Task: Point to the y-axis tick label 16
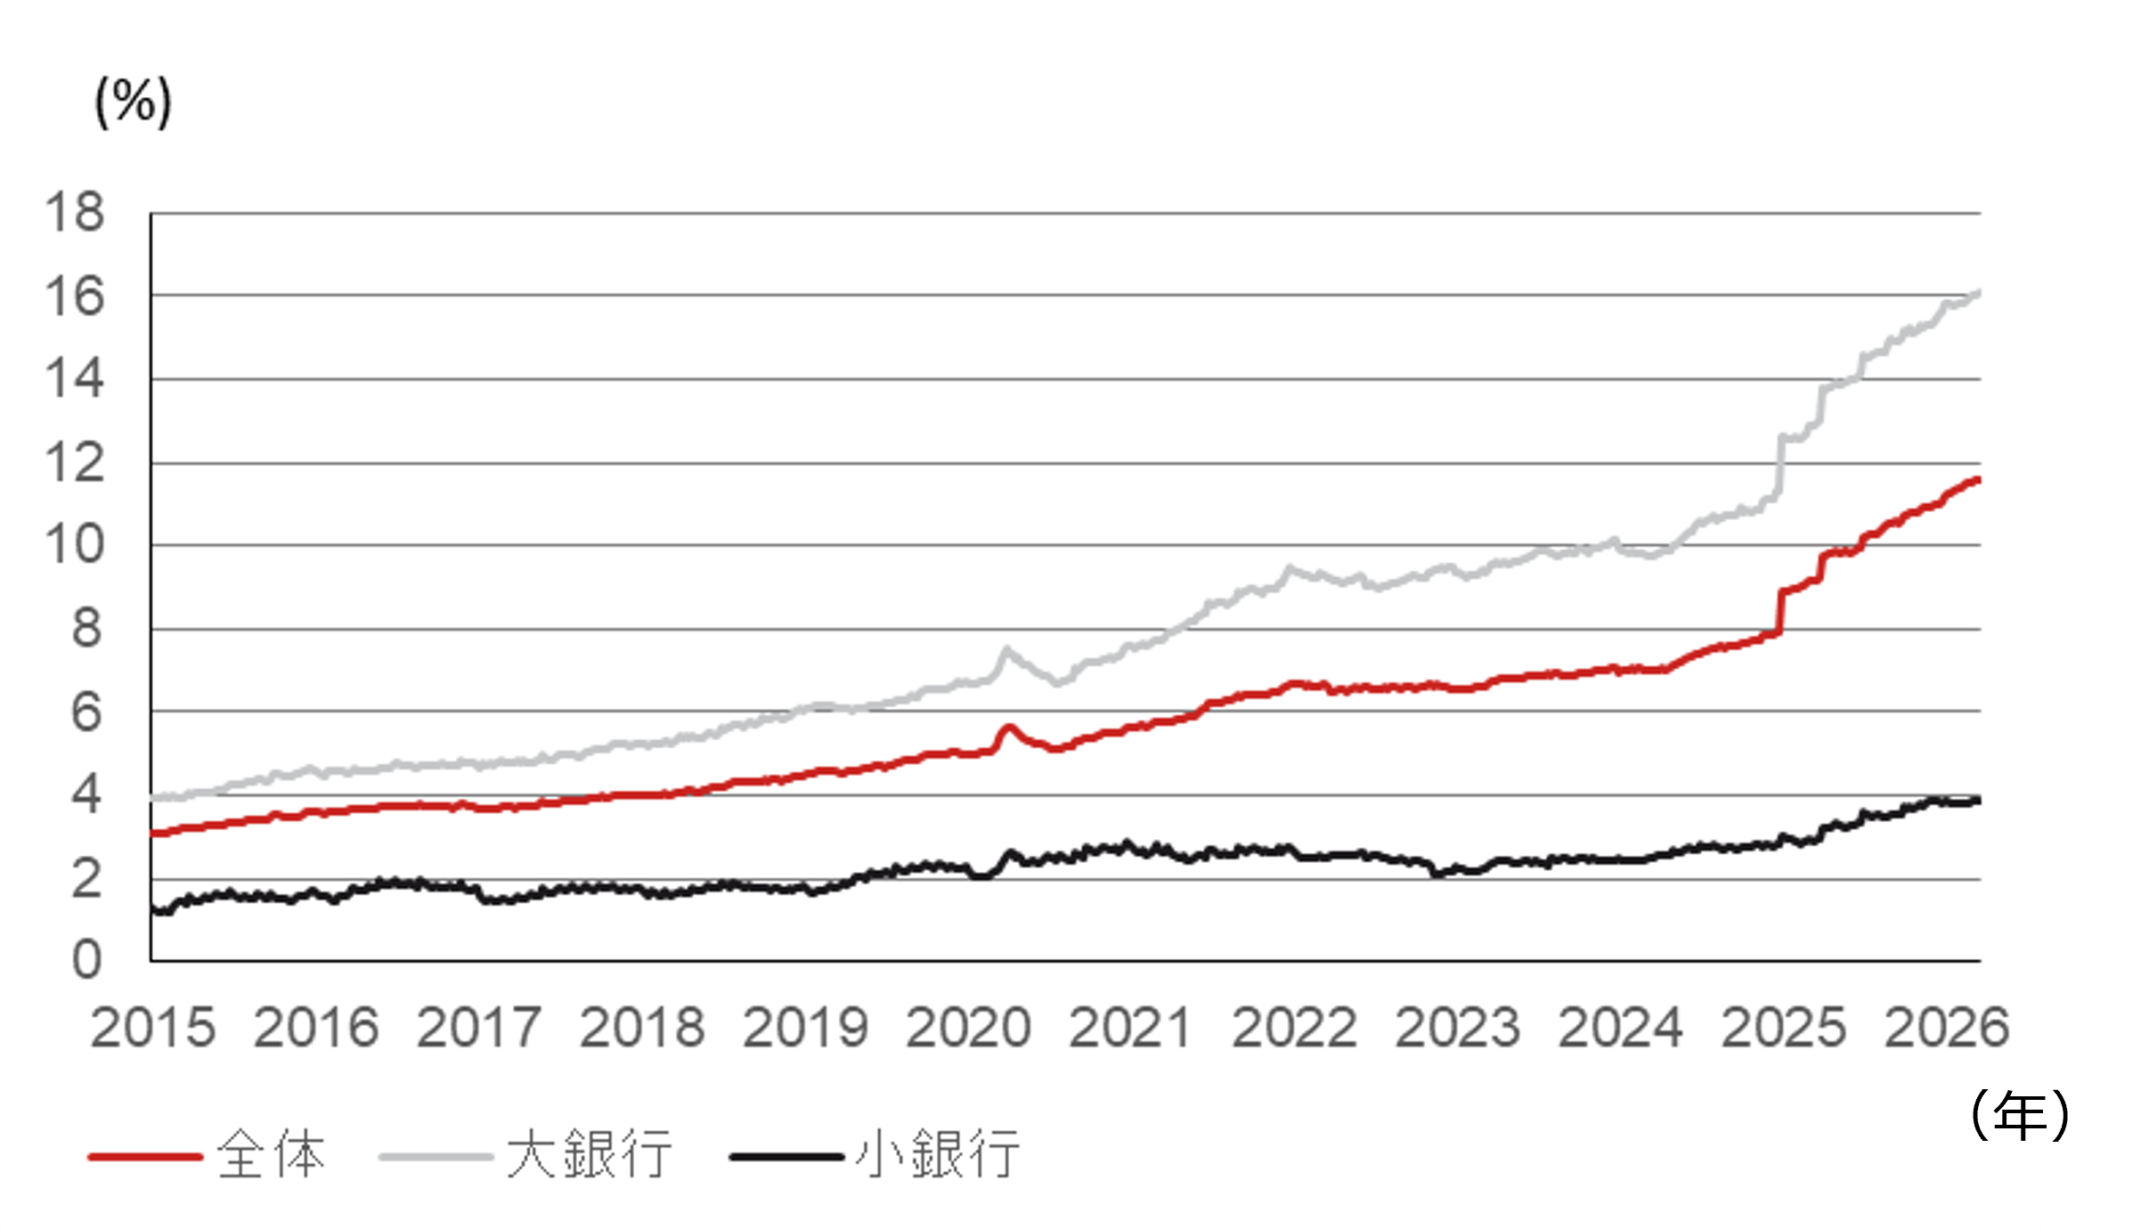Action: [x=75, y=297]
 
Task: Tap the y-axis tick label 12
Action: [x=75, y=463]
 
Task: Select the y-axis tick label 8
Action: [x=86, y=629]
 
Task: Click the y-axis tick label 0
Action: [x=86, y=960]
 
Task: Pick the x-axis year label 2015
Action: [x=152, y=1028]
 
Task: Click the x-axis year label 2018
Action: [x=642, y=1028]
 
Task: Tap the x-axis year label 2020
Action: [x=968, y=1028]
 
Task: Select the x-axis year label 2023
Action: [x=1457, y=1028]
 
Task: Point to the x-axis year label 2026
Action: [x=1947, y=1028]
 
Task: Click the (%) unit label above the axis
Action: [x=134, y=102]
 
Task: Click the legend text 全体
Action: [x=272, y=1155]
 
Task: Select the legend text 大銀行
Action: [x=589, y=1155]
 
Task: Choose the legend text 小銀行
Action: [x=937, y=1155]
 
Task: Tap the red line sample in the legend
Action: [x=145, y=1157]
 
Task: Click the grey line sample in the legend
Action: [x=436, y=1157]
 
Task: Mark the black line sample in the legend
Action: [x=786, y=1157]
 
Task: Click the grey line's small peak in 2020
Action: [x=1007, y=649]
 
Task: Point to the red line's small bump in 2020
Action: [x=1008, y=728]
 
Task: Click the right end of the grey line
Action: [x=1978, y=292]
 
